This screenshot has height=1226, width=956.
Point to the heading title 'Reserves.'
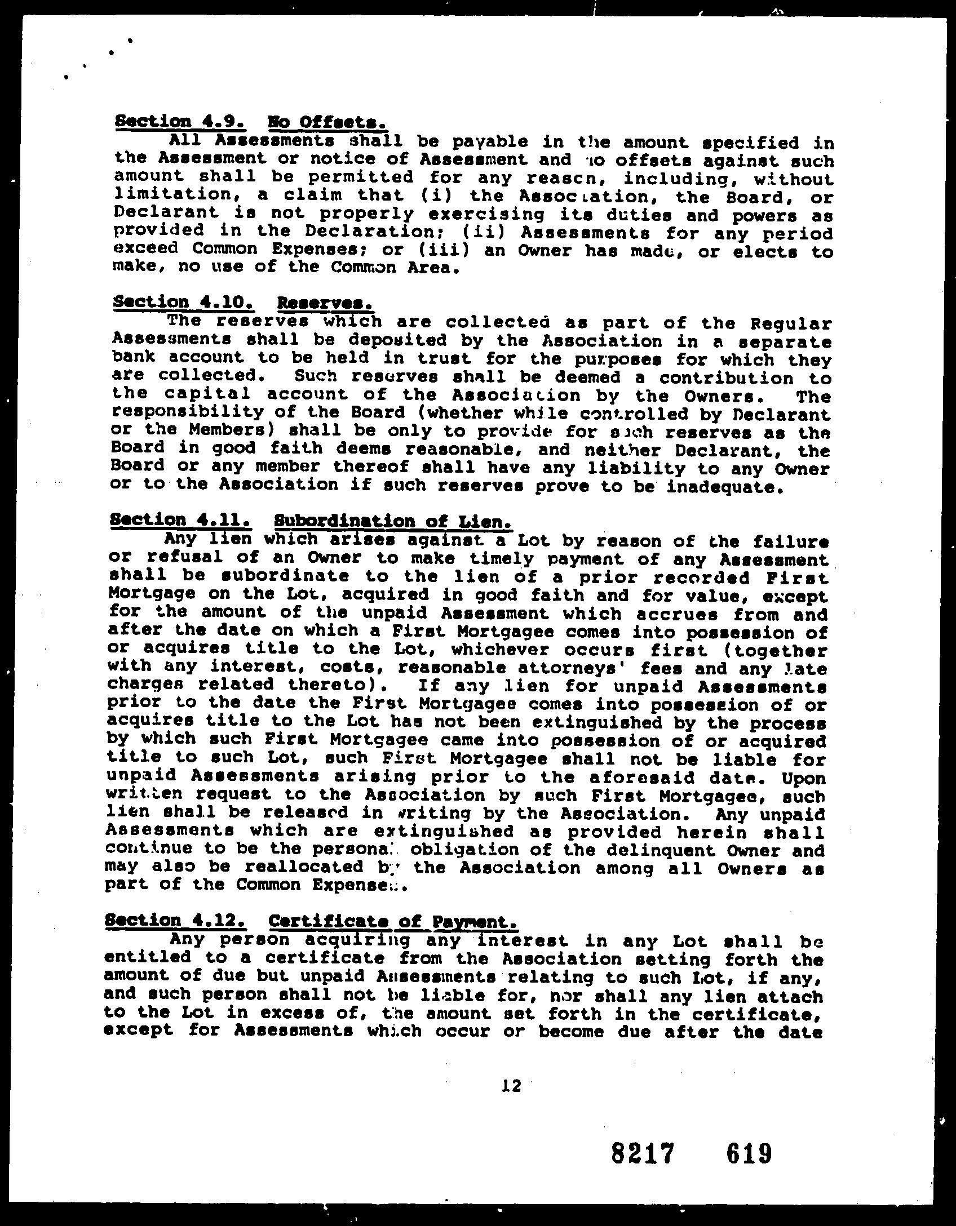tap(326, 304)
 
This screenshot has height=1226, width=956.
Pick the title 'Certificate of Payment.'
tap(393, 922)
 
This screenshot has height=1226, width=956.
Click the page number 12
tap(511, 1086)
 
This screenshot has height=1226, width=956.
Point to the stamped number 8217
tap(643, 1153)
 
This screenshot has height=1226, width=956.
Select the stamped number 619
tap(749, 1153)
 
